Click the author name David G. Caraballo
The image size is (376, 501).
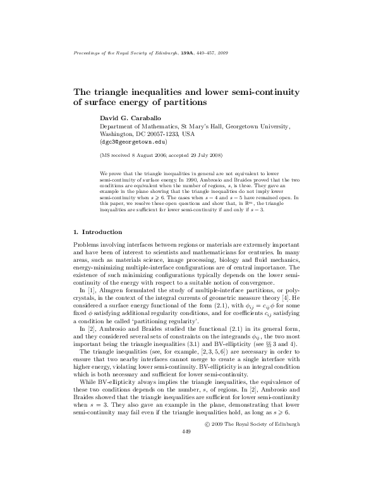133,118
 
